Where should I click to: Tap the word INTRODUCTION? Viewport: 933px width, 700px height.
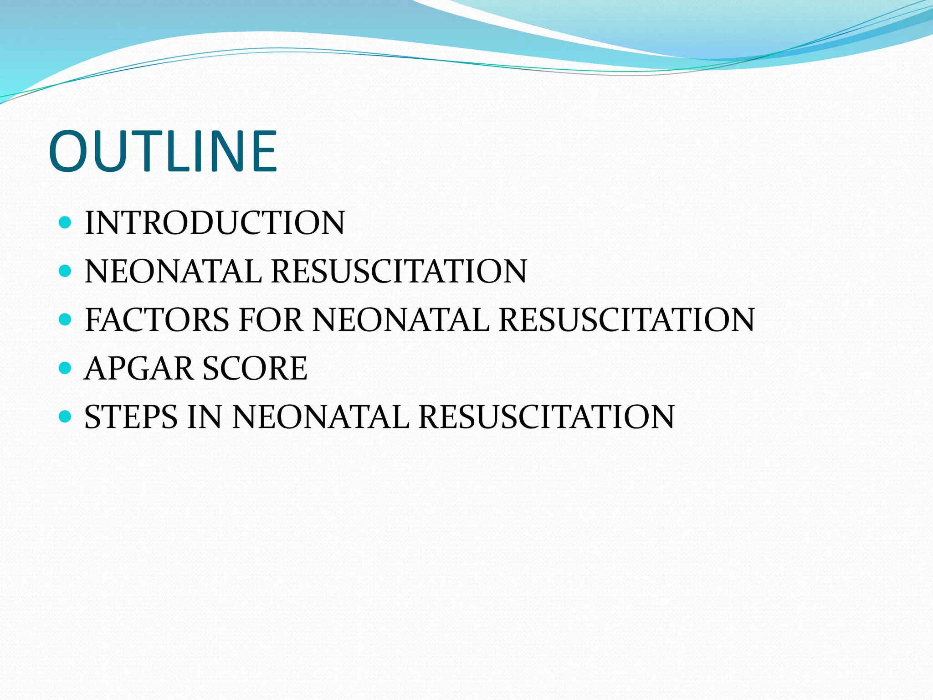215,223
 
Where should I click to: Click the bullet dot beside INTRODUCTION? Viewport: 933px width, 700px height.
66,222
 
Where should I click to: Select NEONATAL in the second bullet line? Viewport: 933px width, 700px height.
173,271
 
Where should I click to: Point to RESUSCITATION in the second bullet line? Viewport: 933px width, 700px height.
399,271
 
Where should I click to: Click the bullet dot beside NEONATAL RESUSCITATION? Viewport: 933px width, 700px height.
66,271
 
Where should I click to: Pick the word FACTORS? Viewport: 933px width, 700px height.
157,319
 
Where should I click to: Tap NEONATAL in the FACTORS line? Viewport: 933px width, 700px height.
401,319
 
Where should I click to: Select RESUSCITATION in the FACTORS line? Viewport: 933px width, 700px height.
627,319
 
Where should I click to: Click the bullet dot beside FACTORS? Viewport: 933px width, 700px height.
66,319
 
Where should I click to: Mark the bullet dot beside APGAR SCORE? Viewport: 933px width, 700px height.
66,368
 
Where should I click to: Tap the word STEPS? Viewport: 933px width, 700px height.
131,417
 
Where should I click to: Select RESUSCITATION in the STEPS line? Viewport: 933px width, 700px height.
546,417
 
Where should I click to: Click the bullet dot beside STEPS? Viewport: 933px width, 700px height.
66,417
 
